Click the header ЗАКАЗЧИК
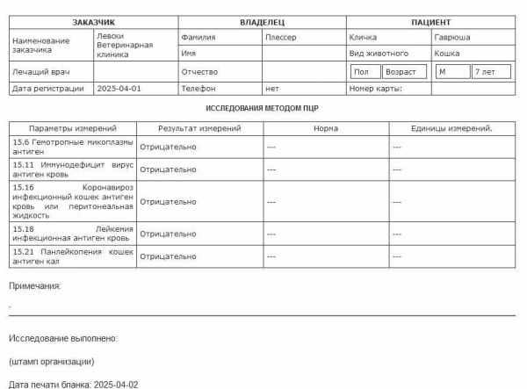[93, 21]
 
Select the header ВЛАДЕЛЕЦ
[262, 21]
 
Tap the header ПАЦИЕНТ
[430, 21]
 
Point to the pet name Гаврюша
[452, 38]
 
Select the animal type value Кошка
[447, 54]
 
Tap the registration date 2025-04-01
[119, 88]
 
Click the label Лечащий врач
[40, 71]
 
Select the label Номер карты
[375, 88]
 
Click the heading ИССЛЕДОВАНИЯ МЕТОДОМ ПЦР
[262, 108]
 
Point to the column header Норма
[325, 128]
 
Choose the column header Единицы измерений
[451, 128]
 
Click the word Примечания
[35, 285]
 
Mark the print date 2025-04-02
[116, 385]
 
